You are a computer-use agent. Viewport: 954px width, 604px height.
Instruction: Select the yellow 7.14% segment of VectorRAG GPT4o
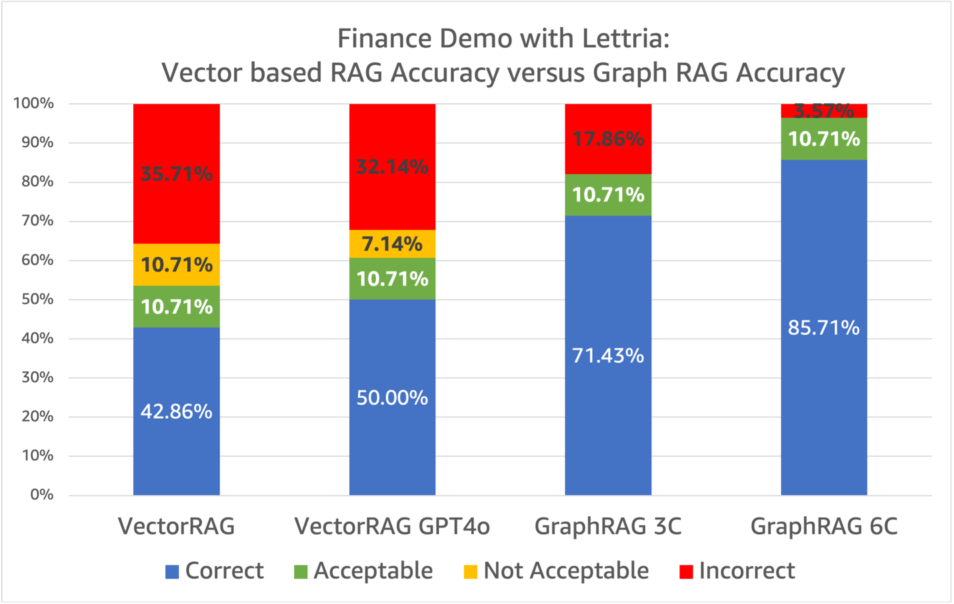[392, 244]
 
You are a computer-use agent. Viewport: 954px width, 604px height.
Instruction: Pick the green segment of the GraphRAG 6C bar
[824, 139]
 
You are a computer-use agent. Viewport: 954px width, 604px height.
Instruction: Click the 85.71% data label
[824, 328]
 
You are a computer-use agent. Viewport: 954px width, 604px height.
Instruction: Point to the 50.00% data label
[392, 398]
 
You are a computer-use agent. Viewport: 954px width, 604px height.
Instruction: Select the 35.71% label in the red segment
[176, 174]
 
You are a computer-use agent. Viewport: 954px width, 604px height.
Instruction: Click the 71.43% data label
[608, 356]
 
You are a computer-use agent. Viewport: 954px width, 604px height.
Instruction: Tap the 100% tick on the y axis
[33, 103]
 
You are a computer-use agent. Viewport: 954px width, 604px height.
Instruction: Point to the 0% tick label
[41, 495]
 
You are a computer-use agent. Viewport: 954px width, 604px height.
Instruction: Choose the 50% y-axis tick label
[37, 299]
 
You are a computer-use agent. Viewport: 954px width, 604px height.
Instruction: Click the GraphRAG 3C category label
[608, 527]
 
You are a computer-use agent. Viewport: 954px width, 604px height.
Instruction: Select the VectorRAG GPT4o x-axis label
[392, 527]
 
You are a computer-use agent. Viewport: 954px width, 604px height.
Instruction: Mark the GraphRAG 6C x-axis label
[824, 527]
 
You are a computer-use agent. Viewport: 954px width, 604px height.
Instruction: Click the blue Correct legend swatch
[172, 572]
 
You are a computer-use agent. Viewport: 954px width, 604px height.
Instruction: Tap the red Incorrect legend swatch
[686, 572]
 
